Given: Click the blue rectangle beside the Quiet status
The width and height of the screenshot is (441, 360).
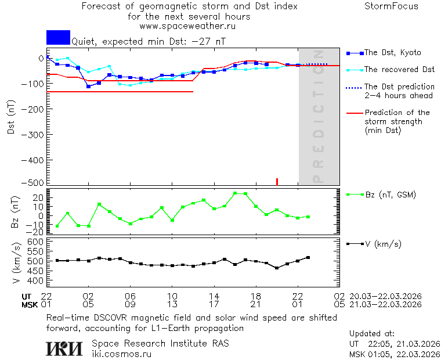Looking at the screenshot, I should click(x=58, y=37).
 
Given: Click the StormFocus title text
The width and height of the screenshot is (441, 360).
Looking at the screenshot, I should click(x=391, y=6).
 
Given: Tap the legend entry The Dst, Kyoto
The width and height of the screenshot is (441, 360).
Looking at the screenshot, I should click(x=392, y=53).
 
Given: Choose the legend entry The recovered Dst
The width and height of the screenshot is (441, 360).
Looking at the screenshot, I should click(x=399, y=70).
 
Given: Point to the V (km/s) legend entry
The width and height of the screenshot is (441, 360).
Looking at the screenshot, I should click(x=382, y=244).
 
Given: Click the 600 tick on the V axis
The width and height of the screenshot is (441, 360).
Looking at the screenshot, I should click(x=37, y=241).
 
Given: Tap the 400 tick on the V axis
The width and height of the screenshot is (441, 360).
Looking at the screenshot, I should click(x=37, y=280).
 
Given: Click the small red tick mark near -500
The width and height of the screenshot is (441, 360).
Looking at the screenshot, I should click(x=277, y=182).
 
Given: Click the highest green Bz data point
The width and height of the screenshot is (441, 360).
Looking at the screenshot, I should click(x=235, y=193).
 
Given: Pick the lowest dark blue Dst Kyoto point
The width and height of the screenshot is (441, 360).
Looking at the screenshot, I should click(x=88, y=87).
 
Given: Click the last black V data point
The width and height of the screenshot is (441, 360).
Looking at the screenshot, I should click(x=308, y=257).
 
